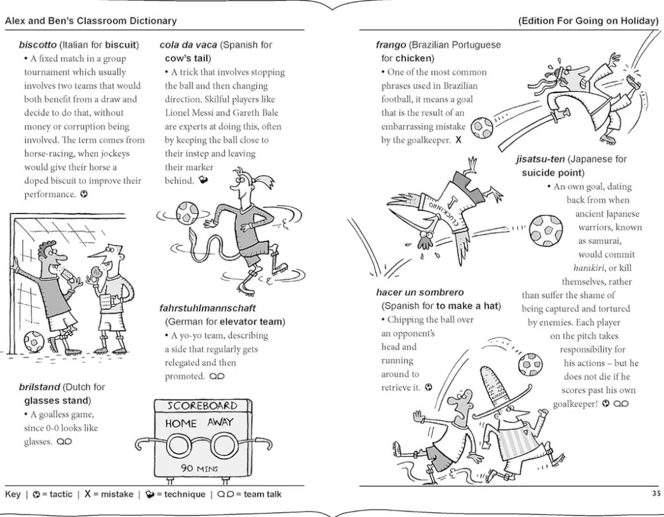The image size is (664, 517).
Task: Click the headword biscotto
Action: (38, 45)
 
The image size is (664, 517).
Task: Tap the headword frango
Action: (391, 45)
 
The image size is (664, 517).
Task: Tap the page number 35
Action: (655, 494)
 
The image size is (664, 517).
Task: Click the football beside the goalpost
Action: (35, 341)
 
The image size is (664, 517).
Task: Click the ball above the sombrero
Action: (529, 364)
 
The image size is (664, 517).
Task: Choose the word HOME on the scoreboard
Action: (181, 423)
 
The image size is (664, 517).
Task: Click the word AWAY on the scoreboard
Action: (220, 423)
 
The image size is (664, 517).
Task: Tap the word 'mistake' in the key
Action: (112, 494)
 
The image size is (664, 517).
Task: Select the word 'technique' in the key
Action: (185, 494)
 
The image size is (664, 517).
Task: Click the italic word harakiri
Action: (585, 268)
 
